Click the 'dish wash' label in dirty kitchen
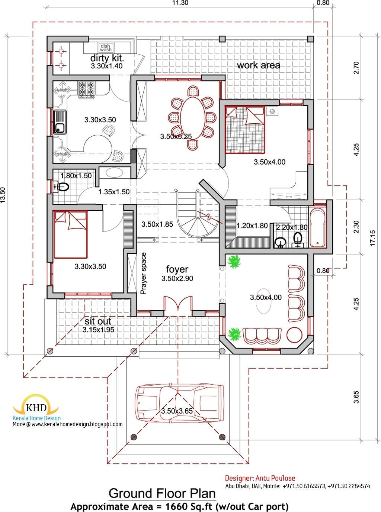pyautogui.click(x=106, y=48)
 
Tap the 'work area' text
pyautogui.click(x=259, y=65)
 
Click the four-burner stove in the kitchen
pyautogui.click(x=86, y=90)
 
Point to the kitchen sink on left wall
pyautogui.click(x=60, y=122)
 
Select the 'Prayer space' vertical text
pyautogui.click(x=144, y=273)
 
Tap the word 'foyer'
pyautogui.click(x=177, y=269)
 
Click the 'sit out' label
pyautogui.click(x=98, y=321)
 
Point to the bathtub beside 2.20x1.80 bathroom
pyautogui.click(x=317, y=228)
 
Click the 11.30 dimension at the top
pyautogui.click(x=180, y=3)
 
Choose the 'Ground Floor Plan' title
pyautogui.click(x=162, y=493)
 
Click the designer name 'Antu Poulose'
pyautogui.click(x=276, y=478)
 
